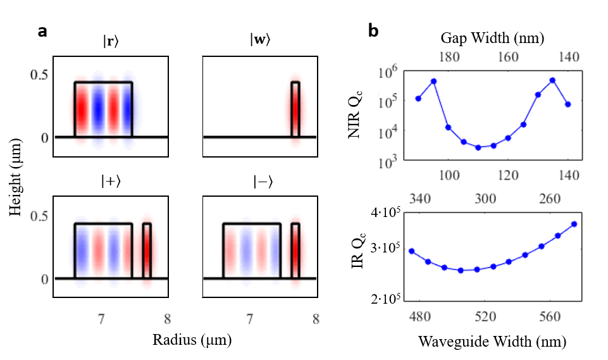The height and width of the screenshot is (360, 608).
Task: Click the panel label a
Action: click(x=42, y=32)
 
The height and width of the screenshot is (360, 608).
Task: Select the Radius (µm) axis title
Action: click(x=191, y=340)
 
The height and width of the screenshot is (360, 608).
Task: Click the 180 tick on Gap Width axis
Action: click(x=449, y=57)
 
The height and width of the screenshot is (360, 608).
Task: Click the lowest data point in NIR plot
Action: click(x=478, y=147)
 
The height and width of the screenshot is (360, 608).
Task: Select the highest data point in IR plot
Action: click(x=574, y=224)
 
